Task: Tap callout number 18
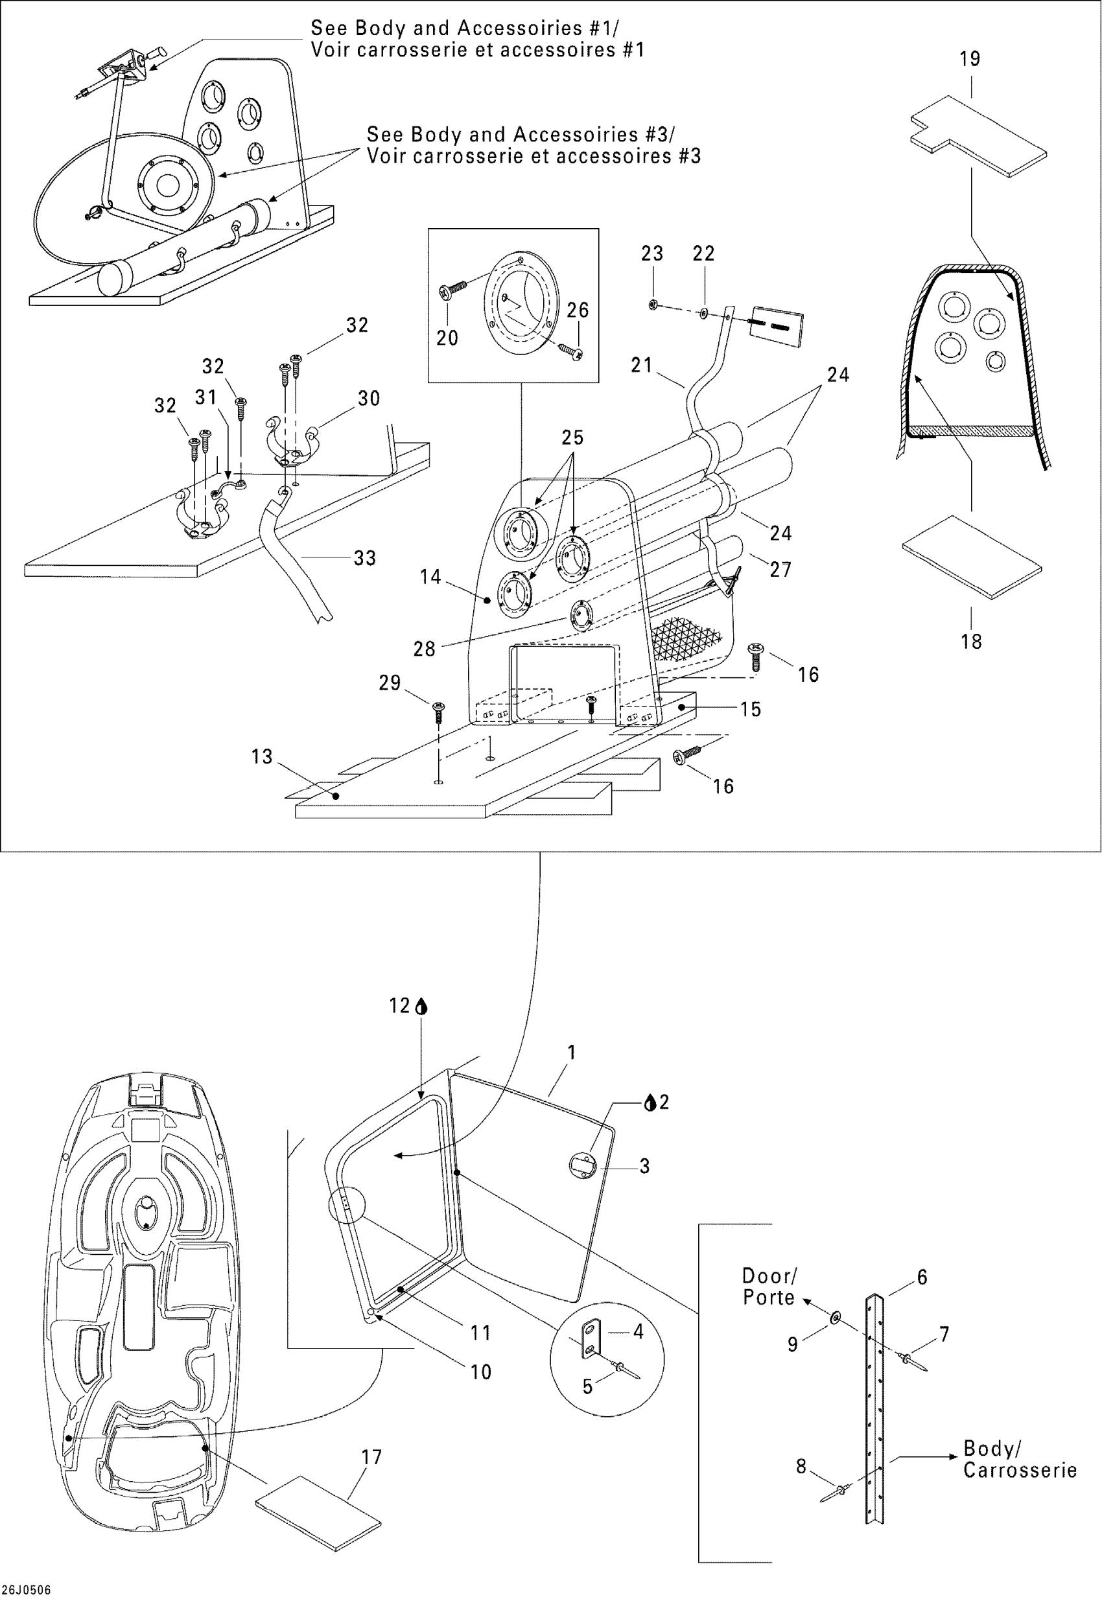[971, 642]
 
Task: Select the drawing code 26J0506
[26, 1589]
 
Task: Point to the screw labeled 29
[438, 711]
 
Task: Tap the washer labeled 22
[703, 313]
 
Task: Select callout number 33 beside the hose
[364, 558]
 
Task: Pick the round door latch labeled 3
[581, 1166]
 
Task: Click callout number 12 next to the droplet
[399, 1006]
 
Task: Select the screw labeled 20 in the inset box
[454, 289]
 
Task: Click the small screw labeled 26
[572, 352]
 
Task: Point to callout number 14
[430, 576]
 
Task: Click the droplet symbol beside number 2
[649, 1103]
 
